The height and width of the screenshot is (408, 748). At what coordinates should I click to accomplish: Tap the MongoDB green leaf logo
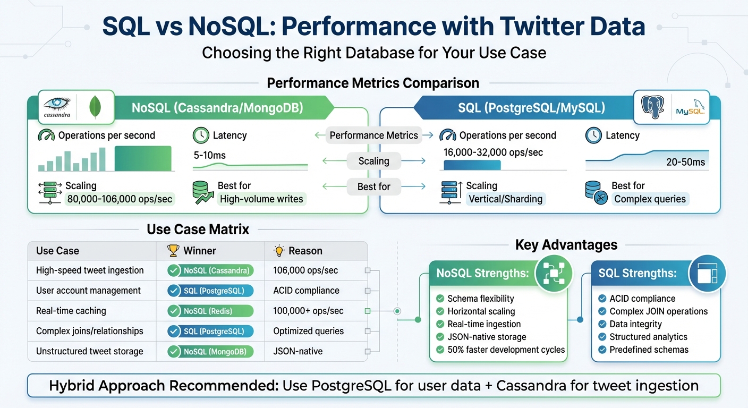[96, 107]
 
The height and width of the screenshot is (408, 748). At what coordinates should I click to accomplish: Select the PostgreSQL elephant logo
[653, 107]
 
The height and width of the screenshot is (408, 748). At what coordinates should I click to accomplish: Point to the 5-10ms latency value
[209, 155]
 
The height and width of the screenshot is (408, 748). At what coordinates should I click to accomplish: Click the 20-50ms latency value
[685, 162]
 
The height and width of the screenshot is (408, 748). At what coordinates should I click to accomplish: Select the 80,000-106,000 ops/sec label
[120, 199]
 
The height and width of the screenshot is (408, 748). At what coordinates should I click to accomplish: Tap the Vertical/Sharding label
[505, 199]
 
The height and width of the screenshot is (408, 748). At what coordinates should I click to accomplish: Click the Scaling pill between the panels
[373, 161]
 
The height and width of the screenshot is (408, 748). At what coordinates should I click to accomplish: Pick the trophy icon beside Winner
[173, 251]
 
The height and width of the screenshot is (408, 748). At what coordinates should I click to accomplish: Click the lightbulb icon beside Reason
[279, 251]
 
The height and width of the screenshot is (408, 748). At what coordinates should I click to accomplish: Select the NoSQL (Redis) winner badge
[210, 311]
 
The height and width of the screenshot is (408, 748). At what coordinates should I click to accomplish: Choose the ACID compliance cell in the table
[306, 291]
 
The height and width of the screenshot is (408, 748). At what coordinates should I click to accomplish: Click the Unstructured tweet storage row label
[89, 351]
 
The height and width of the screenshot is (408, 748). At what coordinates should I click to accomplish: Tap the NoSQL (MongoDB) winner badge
[210, 351]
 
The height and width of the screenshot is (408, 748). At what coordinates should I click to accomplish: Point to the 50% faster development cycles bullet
[506, 350]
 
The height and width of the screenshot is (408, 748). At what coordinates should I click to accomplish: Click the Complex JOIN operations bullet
[658, 311]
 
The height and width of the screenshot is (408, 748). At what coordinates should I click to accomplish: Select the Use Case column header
[57, 251]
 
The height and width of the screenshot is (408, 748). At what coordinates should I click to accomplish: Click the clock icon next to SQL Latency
[593, 135]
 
